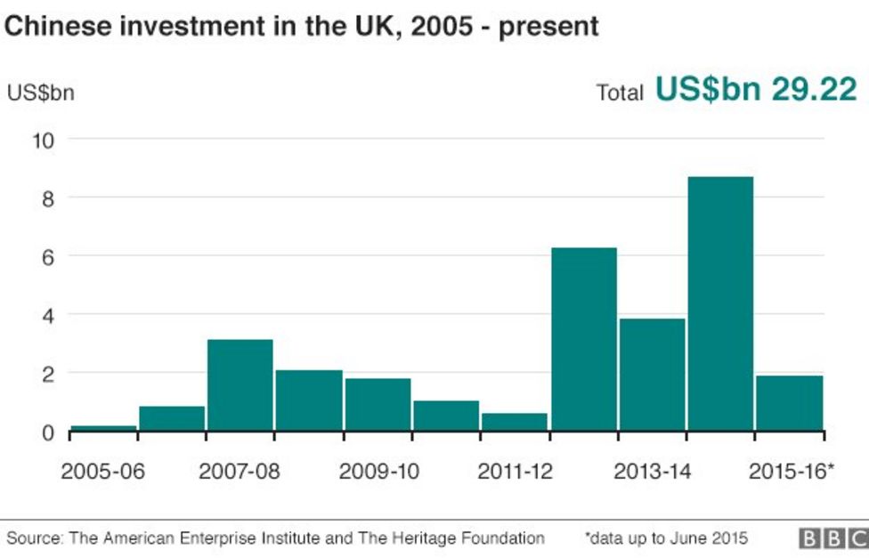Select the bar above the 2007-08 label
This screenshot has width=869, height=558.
pyautogui.click(x=240, y=384)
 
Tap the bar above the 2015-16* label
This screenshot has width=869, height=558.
pyautogui.click(x=789, y=403)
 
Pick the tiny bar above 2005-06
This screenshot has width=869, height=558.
pyautogui.click(x=103, y=428)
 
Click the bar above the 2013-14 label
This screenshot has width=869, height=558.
pyautogui.click(x=653, y=375)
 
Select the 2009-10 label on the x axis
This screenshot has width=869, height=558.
pyautogui.click(x=378, y=471)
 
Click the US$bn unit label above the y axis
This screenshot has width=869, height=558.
pyautogui.click(x=41, y=93)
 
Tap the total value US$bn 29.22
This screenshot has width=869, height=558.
pyautogui.click(x=756, y=89)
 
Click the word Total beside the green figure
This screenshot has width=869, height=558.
pyautogui.click(x=620, y=93)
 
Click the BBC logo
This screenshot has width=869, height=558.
pyautogui.click(x=832, y=538)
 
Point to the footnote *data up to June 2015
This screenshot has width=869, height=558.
pyautogui.click(x=666, y=538)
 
